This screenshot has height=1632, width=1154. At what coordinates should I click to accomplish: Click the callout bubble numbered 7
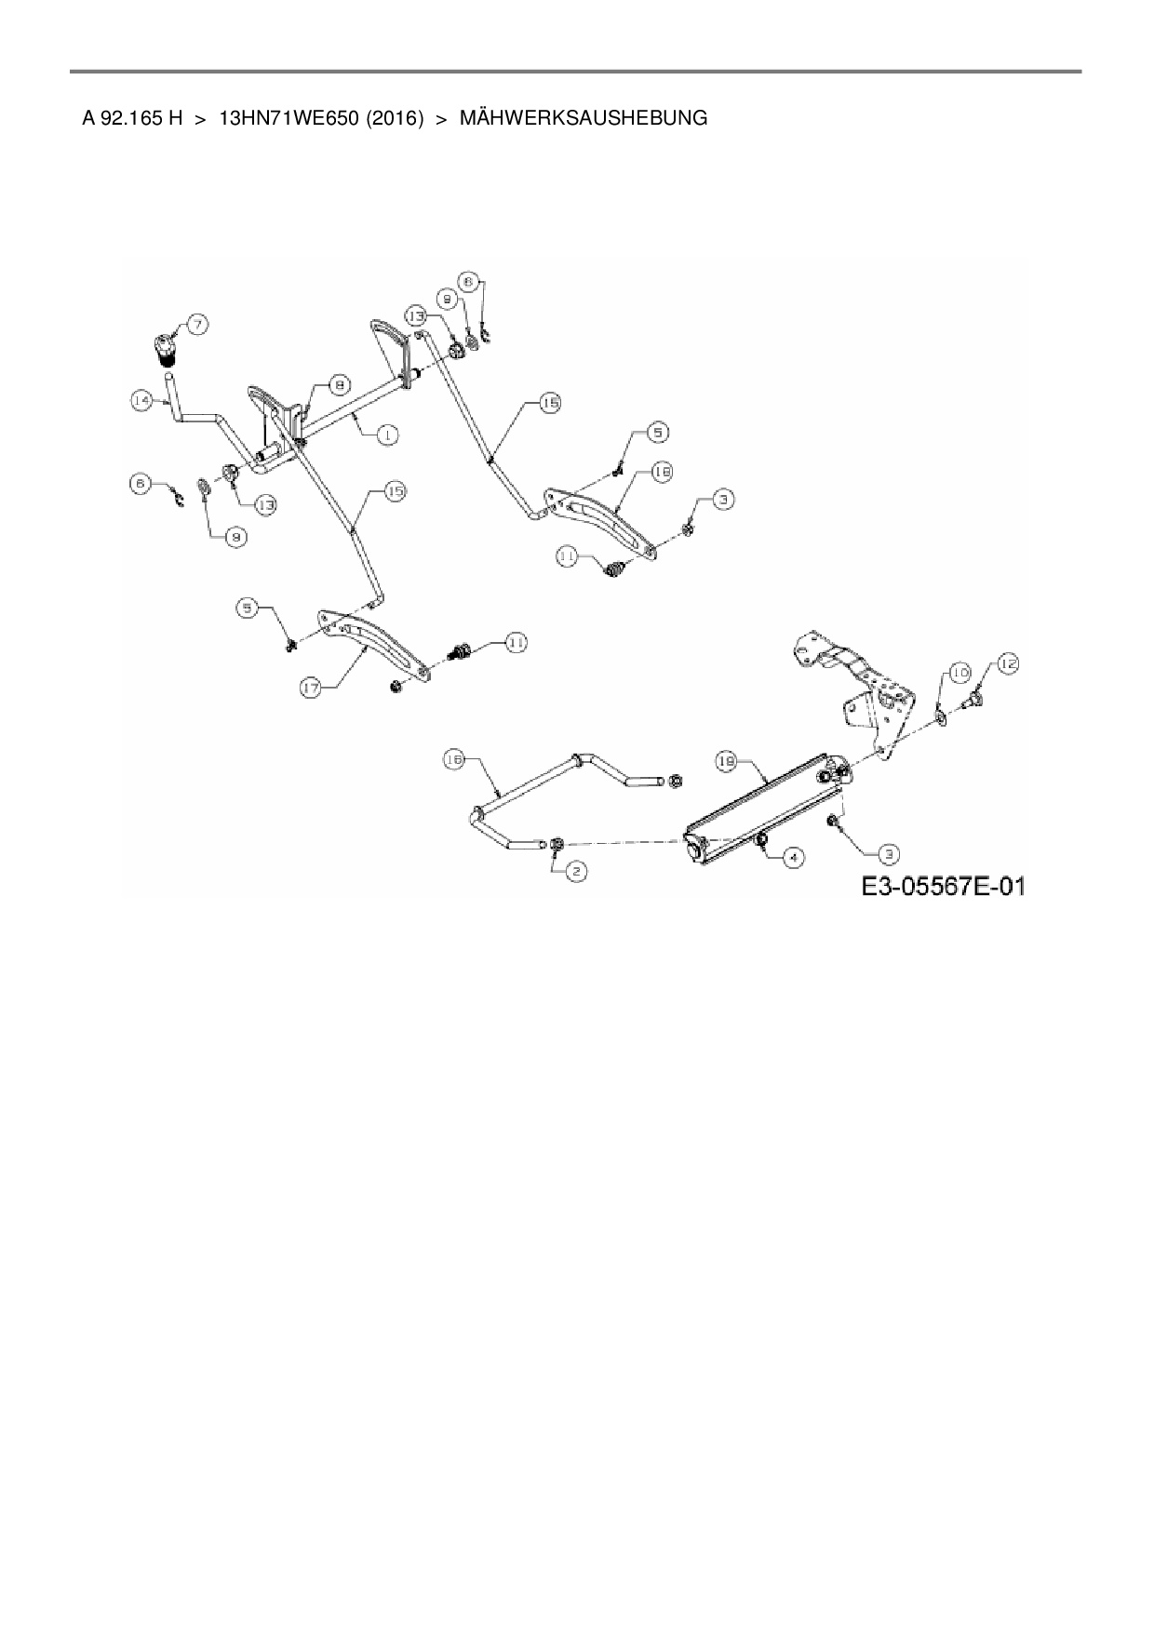[197, 324]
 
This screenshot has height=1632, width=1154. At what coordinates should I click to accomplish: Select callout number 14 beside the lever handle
[141, 400]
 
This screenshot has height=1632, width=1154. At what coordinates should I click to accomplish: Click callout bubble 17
[312, 688]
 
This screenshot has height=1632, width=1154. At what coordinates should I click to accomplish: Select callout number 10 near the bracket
[960, 672]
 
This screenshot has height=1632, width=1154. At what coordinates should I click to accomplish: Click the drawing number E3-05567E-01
[943, 887]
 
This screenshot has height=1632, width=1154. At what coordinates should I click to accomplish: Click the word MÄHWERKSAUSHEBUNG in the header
[584, 118]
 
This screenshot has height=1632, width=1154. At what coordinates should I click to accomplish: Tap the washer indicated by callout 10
[940, 714]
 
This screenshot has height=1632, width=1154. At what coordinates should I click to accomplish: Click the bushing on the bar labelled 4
[762, 840]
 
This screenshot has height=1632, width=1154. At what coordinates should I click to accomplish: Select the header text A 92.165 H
[132, 118]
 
